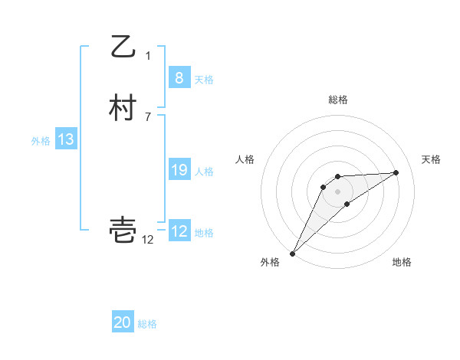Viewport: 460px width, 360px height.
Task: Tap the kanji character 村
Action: click(123, 108)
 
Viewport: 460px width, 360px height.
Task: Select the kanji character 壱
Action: click(123, 229)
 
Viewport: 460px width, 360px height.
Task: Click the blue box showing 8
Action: click(179, 77)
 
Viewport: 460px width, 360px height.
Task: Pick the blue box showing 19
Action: click(179, 170)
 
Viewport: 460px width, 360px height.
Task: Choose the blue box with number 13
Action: click(66, 139)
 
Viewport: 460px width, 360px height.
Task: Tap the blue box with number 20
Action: click(123, 322)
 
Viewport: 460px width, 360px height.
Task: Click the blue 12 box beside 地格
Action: click(179, 231)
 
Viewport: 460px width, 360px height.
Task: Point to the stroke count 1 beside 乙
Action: click(148, 55)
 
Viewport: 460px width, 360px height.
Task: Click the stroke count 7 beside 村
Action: click(148, 117)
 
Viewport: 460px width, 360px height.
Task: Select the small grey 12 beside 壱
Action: click(148, 240)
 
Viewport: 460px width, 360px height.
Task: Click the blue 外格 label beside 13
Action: click(41, 141)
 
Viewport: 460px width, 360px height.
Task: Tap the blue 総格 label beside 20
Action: click(147, 324)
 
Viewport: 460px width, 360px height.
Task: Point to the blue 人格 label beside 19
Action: click(204, 172)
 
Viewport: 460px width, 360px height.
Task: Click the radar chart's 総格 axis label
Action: click(338, 100)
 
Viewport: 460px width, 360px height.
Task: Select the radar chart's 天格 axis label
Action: click(431, 159)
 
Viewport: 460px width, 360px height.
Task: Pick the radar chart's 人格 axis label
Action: click(245, 159)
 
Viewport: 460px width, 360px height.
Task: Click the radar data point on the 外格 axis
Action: click(292, 254)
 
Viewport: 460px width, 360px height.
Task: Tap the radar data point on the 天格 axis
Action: click(396, 172)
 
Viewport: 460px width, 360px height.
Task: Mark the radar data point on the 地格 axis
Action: click(347, 204)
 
